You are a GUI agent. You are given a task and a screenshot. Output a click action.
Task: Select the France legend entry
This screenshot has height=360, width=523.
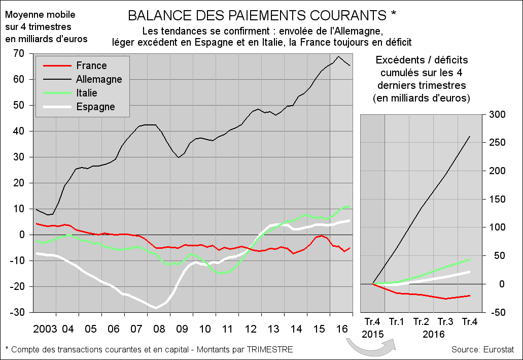point(91,66)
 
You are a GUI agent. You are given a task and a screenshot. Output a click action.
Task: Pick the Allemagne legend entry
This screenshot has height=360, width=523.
point(99,79)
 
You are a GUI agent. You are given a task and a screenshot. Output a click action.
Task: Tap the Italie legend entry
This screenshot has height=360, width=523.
point(87,93)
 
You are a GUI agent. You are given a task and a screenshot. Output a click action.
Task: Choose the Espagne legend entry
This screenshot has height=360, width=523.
point(95,107)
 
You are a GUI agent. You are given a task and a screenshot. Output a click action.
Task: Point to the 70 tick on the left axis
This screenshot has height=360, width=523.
point(20,53)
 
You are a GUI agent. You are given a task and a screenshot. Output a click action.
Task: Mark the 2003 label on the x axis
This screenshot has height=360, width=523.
point(44,329)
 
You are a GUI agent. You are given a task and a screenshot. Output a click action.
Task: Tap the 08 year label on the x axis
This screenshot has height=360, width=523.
point(159,329)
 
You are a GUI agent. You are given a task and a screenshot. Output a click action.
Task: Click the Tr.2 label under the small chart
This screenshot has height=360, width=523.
point(422,321)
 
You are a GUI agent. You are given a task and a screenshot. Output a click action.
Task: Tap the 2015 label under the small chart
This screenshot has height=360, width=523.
point(373,334)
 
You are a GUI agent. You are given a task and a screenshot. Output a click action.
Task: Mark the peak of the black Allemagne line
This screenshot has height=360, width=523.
point(338,56)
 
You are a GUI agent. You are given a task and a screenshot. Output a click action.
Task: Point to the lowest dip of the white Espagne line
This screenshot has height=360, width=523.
point(156,308)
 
